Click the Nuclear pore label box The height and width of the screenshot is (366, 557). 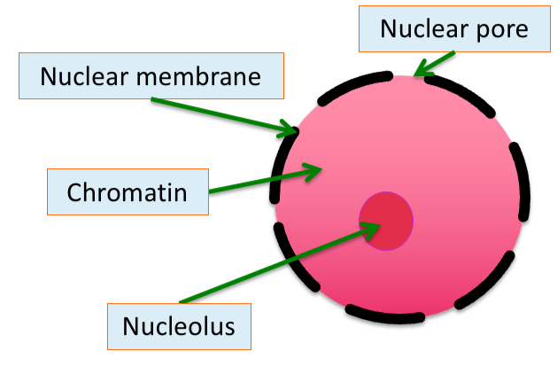453,28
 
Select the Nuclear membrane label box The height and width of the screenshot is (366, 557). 151,76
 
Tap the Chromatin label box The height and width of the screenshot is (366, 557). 127,191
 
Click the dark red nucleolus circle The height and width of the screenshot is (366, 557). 386,219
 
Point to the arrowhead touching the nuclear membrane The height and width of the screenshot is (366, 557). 290,132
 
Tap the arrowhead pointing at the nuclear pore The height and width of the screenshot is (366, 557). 419,67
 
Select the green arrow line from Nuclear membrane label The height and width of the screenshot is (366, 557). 221,114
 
